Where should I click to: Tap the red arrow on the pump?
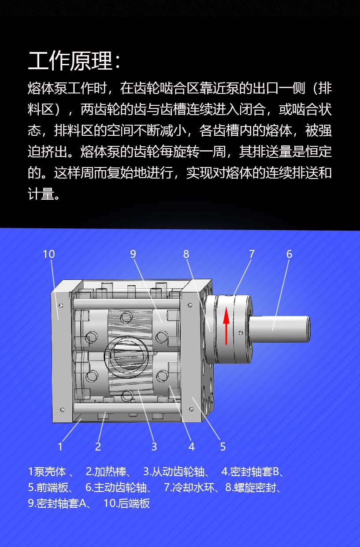[226, 326]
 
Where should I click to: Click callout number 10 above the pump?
[49, 254]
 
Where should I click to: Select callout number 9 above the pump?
[133, 254]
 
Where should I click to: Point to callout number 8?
[186, 254]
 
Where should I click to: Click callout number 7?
[252, 254]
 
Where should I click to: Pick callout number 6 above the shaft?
[289, 254]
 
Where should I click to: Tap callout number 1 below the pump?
[60, 447]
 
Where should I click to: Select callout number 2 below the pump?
[98, 447]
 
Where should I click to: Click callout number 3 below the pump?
[154, 447]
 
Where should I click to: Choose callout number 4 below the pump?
[192, 447]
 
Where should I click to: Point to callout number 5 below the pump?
[223, 447]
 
